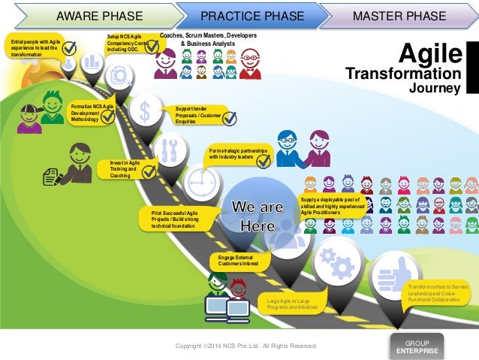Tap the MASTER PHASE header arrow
398,14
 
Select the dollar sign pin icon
144,110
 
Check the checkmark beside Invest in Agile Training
149,171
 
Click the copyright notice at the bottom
246,346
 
